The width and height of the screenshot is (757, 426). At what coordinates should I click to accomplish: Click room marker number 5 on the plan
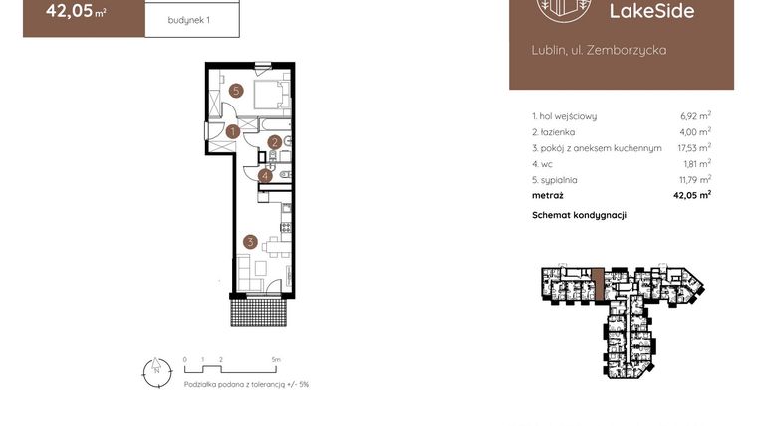coord(236,91)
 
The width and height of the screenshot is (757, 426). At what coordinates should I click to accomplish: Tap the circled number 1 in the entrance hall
coord(231,130)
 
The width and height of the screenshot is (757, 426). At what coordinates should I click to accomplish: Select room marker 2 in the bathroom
coord(273,143)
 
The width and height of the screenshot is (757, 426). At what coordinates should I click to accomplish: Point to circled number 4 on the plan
coord(264,176)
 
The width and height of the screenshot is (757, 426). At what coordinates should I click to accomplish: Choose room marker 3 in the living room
coord(250,240)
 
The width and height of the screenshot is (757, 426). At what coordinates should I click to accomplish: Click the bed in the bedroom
coord(269,96)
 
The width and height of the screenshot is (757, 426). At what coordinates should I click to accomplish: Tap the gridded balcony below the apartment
coord(260,313)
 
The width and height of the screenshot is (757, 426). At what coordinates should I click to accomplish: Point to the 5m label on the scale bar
coord(276,358)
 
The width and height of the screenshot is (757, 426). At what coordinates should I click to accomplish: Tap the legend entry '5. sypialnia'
coord(555,180)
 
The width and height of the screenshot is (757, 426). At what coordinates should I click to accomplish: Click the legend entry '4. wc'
coord(542,164)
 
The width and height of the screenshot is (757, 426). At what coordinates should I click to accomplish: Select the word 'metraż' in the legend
coord(548,196)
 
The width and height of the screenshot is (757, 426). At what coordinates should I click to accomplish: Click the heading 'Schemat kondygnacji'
coord(579,216)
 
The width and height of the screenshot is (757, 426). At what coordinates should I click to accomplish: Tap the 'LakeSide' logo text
coord(657,12)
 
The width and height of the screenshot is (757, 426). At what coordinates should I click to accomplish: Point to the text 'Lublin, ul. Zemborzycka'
coord(598,49)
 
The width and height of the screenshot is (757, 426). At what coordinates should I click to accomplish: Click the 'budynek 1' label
coord(188,18)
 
